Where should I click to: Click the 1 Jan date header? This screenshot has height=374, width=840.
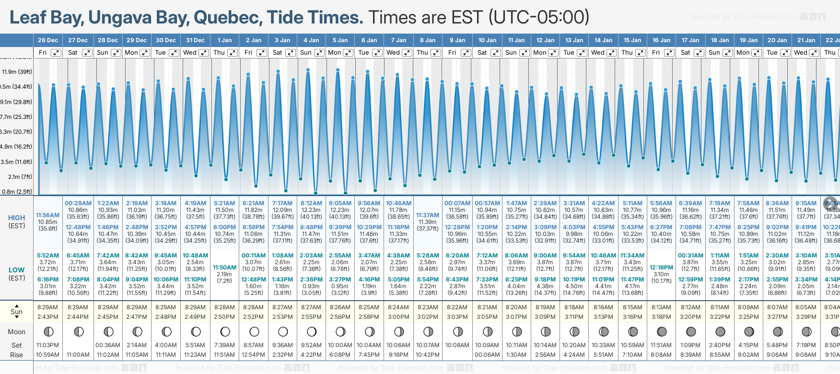click(x=224, y=40)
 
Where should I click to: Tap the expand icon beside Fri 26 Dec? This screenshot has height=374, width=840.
click(x=56, y=53)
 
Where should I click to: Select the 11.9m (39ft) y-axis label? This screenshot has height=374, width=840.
click(x=17, y=72)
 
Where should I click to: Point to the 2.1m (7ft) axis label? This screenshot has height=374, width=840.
click(x=20, y=177)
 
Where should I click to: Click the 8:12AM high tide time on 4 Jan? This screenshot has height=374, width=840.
click(x=311, y=203)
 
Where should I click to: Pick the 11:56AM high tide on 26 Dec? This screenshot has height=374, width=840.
click(x=48, y=215)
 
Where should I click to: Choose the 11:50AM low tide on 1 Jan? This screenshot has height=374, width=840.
click(x=224, y=268)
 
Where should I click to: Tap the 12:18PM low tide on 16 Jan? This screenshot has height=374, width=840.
click(x=661, y=268)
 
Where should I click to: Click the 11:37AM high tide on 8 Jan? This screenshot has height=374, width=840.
click(x=428, y=215)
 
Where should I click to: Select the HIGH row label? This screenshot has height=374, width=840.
click(x=17, y=218)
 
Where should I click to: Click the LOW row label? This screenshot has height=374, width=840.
click(x=17, y=270)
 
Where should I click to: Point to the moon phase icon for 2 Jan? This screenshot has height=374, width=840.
click(x=254, y=331)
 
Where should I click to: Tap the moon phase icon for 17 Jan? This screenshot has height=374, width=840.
click(x=691, y=331)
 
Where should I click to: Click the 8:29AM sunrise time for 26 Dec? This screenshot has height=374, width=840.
click(x=48, y=307)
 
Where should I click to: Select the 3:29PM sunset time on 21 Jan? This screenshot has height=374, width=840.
click(x=806, y=317)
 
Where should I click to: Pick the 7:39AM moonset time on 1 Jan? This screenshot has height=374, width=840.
click(x=224, y=345)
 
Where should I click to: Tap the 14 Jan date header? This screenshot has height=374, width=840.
click(x=603, y=40)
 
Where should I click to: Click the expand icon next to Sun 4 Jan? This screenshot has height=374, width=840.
click(x=319, y=53)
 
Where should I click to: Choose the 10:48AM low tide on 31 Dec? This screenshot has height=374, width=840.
click(x=195, y=256)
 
